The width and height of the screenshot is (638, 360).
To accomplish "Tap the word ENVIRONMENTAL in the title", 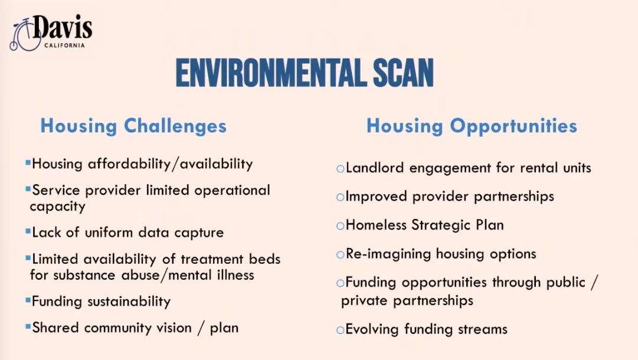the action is tap(269, 73).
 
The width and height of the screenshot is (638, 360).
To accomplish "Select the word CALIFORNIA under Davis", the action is tap(64, 45).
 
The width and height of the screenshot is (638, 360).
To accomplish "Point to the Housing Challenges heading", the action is tap(133, 126).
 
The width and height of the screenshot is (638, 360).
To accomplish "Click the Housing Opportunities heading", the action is tap(472, 126).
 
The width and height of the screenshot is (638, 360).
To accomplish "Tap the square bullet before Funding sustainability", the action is tap(28, 300).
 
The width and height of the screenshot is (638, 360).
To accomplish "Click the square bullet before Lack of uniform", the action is tap(28, 231).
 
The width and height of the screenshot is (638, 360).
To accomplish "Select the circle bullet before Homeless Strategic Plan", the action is tap(340, 226).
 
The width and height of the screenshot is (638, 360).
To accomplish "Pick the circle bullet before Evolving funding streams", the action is tap(340, 330).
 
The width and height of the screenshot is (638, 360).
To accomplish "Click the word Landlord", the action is tap(375, 168).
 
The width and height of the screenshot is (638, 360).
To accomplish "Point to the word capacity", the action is tap(57, 207).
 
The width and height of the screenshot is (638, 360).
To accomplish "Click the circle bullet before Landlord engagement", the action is tap(340, 168).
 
